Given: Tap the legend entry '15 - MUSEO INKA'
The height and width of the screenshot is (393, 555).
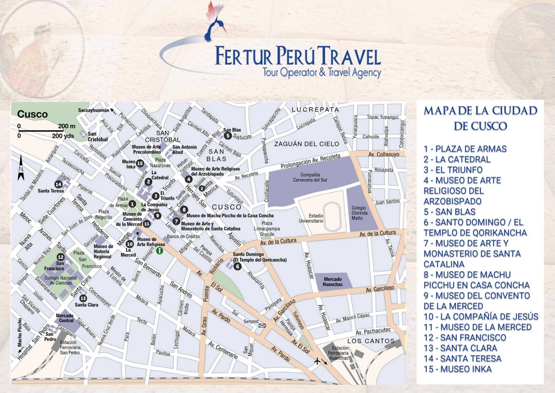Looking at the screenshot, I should pos(457,369).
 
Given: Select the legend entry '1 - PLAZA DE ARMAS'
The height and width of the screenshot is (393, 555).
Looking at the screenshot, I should pos(465,149).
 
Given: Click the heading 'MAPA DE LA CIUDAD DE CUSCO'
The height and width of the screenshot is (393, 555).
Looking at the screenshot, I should pos(480,118).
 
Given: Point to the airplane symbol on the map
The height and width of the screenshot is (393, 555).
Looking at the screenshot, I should pos(317,361).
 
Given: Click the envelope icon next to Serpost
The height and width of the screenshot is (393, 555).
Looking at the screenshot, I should pos(262,325).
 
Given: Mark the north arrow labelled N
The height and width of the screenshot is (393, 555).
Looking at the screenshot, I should pos(21,167).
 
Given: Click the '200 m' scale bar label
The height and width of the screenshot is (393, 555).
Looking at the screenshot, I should pos(67,126).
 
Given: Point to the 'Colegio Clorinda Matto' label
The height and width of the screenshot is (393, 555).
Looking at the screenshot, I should pos(361,214).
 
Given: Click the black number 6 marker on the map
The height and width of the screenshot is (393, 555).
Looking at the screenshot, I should pos(237,267).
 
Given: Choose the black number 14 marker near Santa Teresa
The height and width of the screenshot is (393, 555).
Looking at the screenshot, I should pos(58,184).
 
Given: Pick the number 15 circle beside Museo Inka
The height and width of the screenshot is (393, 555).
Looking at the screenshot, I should pos(140,163).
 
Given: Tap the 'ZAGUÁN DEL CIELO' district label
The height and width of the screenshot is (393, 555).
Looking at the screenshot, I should pos(306,143).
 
